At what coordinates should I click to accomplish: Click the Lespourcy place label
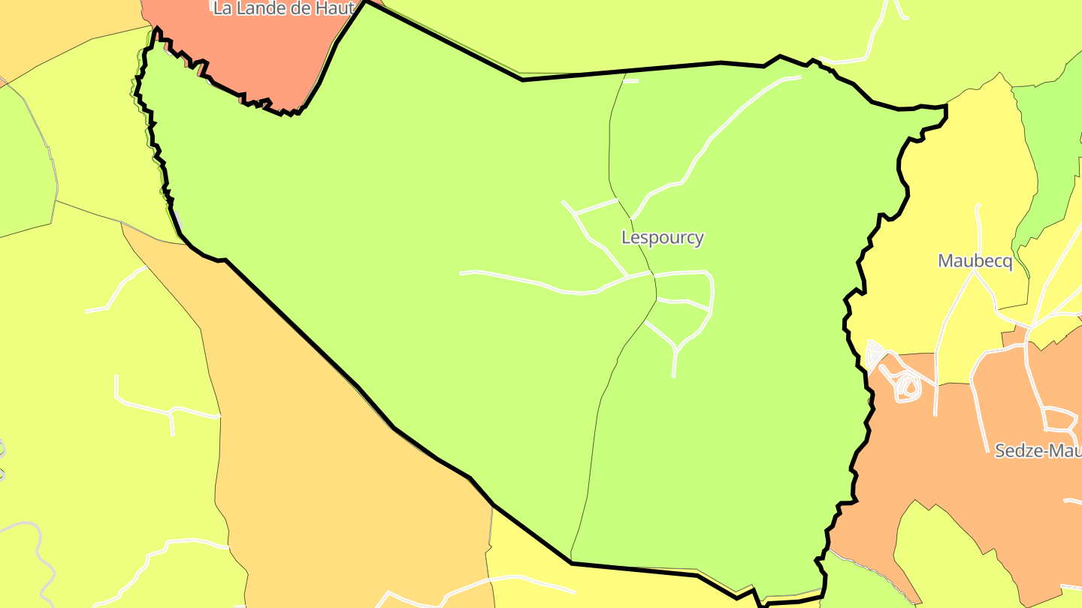pyautogui.click(x=663, y=238)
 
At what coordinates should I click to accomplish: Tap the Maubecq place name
pyautogui.click(x=975, y=261)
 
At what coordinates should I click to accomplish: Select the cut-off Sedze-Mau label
pyautogui.click(x=1038, y=450)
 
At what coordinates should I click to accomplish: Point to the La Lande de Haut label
pyautogui.click(x=283, y=9)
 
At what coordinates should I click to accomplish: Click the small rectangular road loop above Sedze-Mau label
pyautogui.click(x=1060, y=419)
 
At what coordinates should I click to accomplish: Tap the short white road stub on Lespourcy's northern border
pyautogui.click(x=630, y=81)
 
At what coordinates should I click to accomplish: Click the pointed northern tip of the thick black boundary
pyautogui.click(x=366, y=3)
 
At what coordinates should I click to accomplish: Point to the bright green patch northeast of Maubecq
pyautogui.click(x=1052, y=150)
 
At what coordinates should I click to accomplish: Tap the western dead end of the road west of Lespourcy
pyautogui.click(x=461, y=273)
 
